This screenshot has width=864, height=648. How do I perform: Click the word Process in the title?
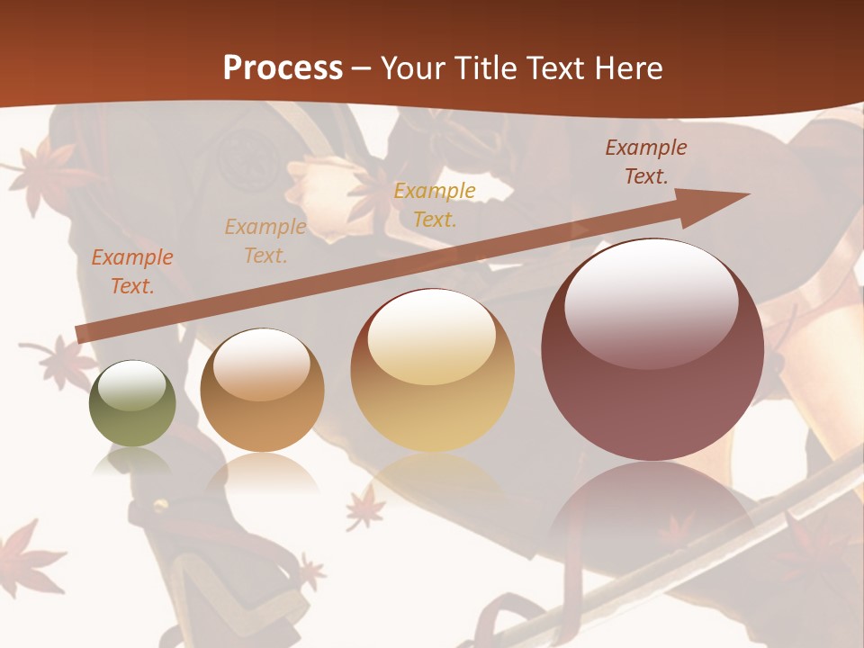[x=283, y=68]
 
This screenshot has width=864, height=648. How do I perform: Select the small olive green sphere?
[x=132, y=404]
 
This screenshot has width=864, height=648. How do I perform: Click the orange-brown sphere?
[x=262, y=391]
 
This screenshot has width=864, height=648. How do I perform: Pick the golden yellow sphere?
[x=433, y=370]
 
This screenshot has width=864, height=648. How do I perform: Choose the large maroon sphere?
[x=652, y=349]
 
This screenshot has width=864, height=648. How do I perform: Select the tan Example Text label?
[x=265, y=240]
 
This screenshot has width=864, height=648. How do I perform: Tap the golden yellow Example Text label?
[x=435, y=204]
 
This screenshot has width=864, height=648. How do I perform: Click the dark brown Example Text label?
[x=646, y=162]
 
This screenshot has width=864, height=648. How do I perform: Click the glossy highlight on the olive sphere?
[x=132, y=385]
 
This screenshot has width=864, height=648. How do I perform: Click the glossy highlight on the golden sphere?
[x=432, y=337]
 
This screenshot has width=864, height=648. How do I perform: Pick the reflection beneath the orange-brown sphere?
[x=262, y=472]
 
